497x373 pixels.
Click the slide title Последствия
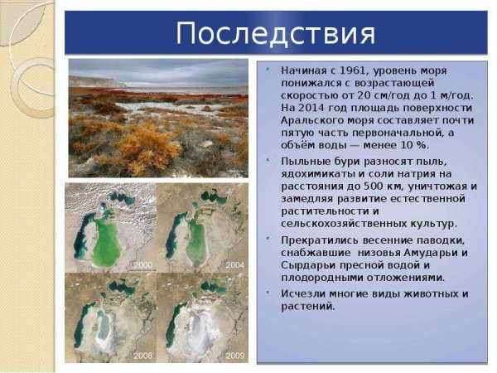(x=276, y=34)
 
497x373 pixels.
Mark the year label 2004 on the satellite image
(x=234, y=264)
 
